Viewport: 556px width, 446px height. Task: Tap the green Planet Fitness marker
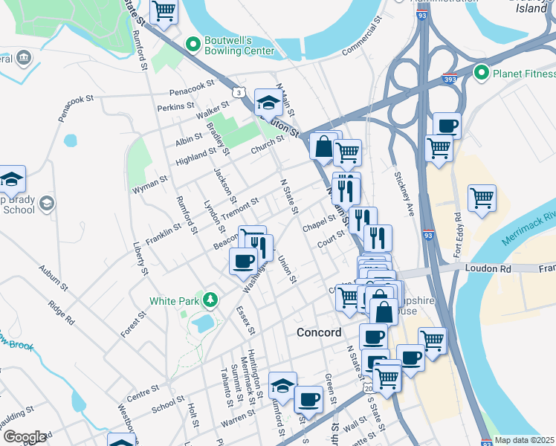click(x=481, y=73)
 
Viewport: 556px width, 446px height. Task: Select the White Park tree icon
click(x=212, y=300)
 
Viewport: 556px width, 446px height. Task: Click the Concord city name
click(x=319, y=332)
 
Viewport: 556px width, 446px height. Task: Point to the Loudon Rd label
click(x=486, y=268)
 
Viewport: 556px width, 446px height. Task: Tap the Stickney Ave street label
click(x=406, y=194)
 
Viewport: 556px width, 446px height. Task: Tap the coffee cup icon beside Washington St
click(x=243, y=262)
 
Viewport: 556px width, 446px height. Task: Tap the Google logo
click(x=24, y=437)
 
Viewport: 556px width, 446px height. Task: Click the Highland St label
click(x=195, y=155)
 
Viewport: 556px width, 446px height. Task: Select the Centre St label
click(x=143, y=388)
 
